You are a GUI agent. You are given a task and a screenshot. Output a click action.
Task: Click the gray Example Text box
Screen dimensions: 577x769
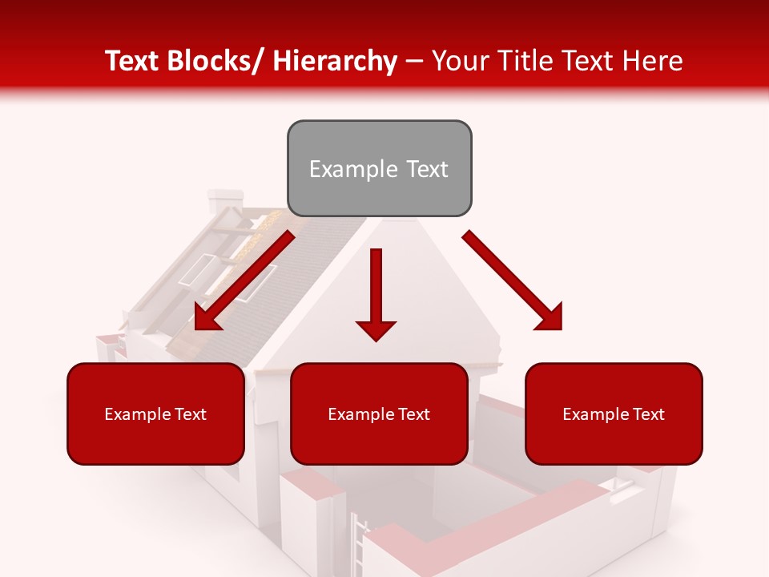pos(379,168)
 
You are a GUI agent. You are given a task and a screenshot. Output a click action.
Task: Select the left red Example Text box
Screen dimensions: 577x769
pos(155,414)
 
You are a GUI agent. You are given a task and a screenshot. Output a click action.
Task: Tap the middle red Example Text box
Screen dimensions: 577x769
pos(379,414)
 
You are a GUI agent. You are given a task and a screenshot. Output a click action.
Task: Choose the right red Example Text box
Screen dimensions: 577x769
pos(614,414)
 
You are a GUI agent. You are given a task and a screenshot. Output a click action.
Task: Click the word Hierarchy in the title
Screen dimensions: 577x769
pos(335,61)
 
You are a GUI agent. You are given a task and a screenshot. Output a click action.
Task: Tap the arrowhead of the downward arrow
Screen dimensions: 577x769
pos(376,329)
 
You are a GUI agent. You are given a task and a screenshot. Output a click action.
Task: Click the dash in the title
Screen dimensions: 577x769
pos(414,61)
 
